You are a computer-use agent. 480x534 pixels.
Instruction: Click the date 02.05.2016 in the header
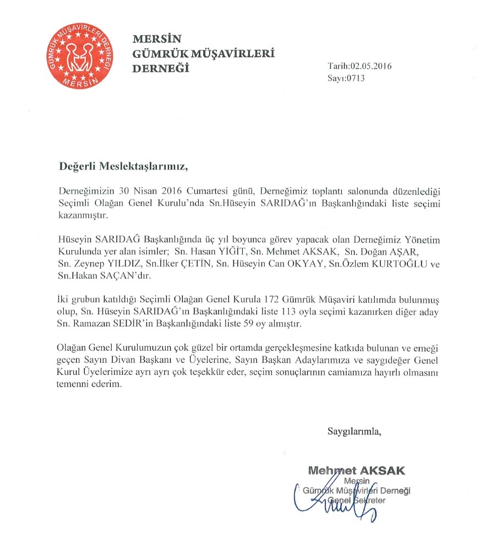[x=372, y=67]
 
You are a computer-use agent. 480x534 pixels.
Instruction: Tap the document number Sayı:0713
[x=346, y=78]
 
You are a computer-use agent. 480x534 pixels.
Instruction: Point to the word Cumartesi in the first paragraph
[x=195, y=191]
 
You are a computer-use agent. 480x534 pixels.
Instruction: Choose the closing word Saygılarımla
[x=354, y=430]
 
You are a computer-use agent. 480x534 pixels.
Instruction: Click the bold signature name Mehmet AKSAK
[x=357, y=471]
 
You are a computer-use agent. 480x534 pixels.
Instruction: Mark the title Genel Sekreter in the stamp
[x=357, y=500]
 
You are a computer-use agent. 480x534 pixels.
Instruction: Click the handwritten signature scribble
[x=341, y=504]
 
